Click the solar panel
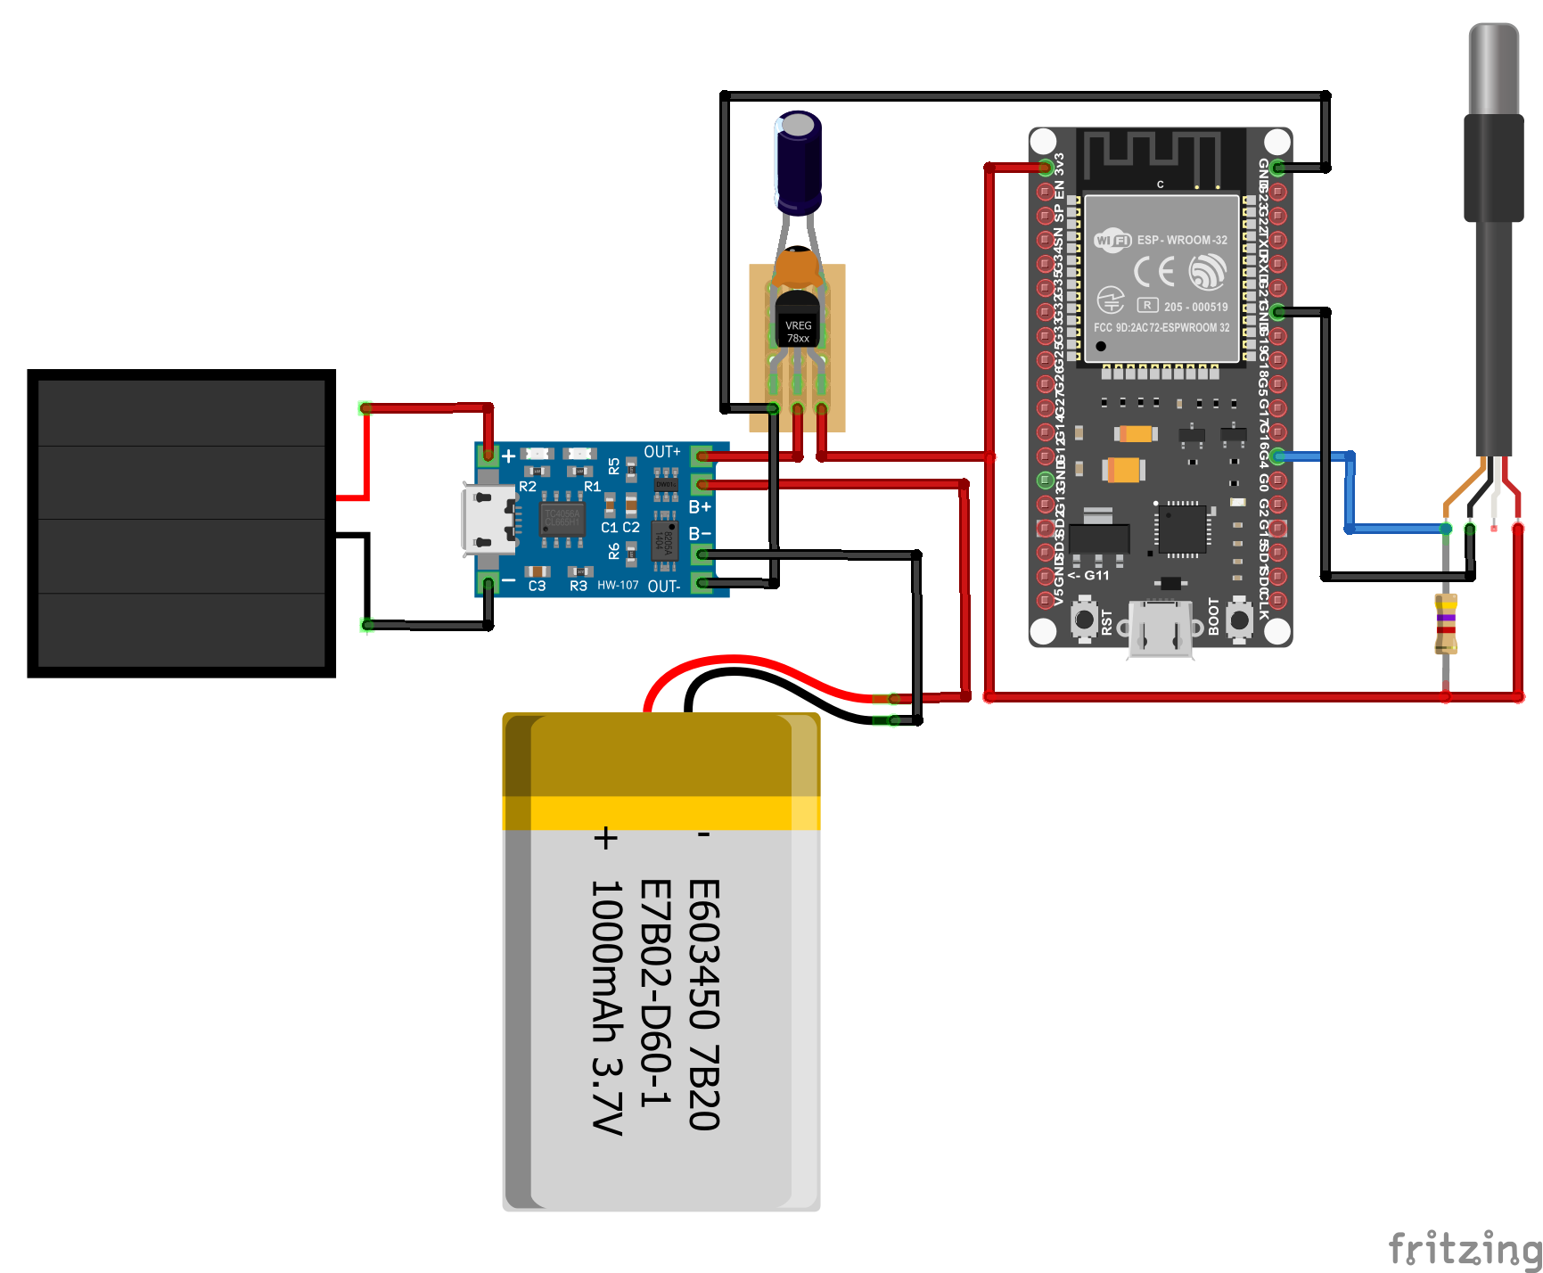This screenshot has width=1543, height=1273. point(181,523)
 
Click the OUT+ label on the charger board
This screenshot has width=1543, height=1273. point(662,452)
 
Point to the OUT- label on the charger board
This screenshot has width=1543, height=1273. point(664,587)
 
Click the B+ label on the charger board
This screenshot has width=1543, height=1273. point(700,507)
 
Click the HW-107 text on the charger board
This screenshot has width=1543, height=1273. point(618,586)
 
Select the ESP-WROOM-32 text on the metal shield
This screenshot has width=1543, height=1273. point(1181,240)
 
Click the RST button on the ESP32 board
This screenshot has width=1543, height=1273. point(1084,619)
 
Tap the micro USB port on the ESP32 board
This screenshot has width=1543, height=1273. point(1161,629)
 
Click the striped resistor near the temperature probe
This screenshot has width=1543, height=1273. point(1446,623)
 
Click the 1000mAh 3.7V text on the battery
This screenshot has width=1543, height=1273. point(607,1007)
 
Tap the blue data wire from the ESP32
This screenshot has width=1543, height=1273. point(1350,499)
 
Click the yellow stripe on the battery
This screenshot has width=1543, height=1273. point(661,813)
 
